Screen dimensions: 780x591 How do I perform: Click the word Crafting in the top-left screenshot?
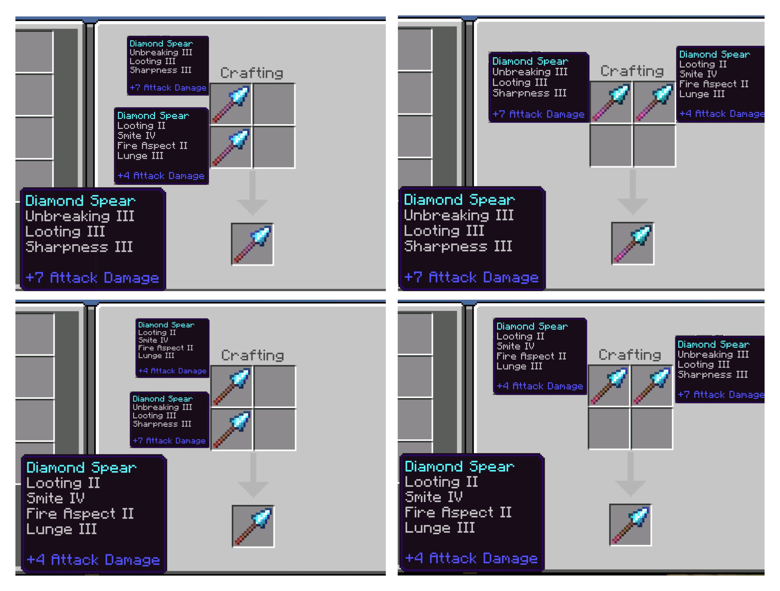(x=252, y=73)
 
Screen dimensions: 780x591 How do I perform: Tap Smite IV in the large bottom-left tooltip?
(x=55, y=498)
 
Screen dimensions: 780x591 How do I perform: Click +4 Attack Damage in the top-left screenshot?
(x=161, y=175)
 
